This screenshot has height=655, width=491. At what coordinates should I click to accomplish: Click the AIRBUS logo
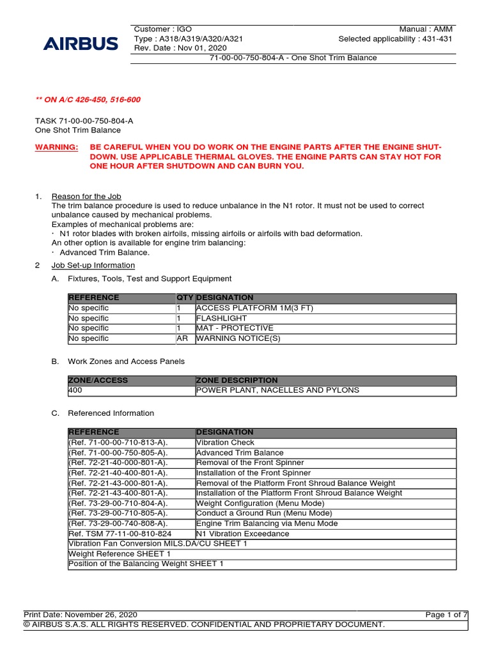81,43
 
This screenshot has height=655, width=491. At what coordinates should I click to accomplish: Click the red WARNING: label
57,147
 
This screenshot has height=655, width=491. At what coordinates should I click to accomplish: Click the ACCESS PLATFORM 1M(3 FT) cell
245,308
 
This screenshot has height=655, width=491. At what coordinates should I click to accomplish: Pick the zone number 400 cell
75,390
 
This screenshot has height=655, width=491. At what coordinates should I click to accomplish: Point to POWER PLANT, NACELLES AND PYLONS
277,390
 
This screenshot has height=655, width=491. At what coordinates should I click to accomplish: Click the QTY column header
185,297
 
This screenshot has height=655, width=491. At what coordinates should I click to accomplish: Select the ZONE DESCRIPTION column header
237,380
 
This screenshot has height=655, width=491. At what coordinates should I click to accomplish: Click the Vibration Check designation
225,443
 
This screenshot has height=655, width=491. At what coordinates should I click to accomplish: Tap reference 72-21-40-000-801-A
118,462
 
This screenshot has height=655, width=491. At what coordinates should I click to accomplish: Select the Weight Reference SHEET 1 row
120,554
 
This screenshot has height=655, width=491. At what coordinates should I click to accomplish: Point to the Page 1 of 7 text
446,615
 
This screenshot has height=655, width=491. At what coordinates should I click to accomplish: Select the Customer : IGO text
163,29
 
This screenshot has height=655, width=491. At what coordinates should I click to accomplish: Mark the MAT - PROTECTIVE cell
235,328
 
